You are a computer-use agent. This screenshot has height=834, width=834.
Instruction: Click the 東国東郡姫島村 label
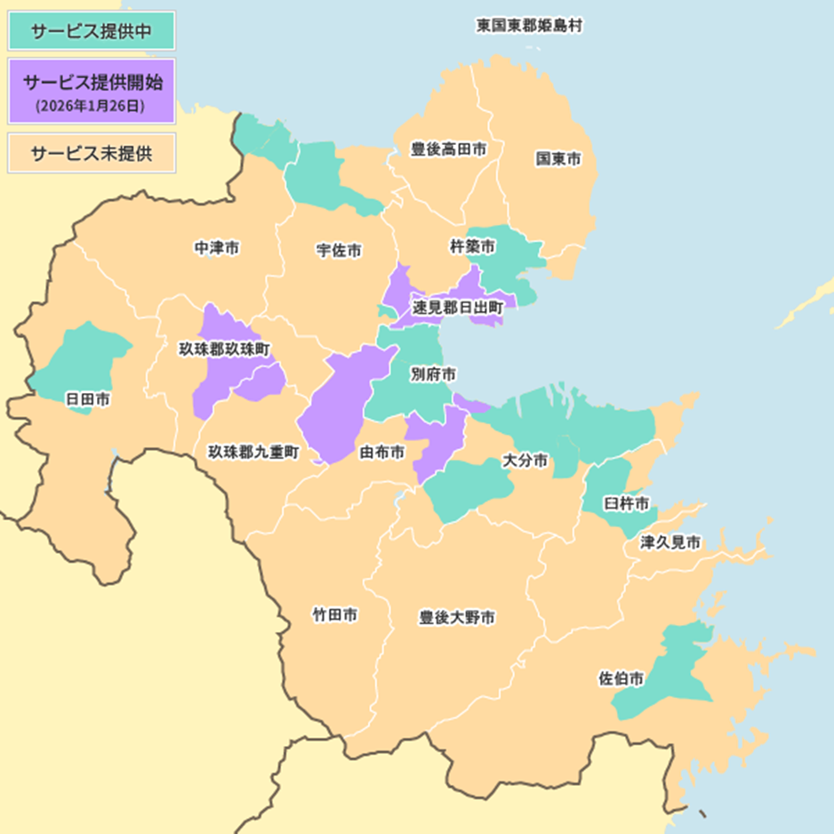click(529, 26)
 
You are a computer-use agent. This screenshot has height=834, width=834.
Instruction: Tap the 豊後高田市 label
click(449, 149)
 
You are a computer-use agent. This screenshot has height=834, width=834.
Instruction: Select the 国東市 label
click(557, 159)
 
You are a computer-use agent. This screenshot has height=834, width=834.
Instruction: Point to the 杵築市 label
click(472, 245)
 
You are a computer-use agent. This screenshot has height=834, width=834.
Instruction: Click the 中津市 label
click(216, 249)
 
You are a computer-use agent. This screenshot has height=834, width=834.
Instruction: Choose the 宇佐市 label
click(339, 251)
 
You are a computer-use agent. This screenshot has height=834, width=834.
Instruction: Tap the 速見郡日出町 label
click(458, 308)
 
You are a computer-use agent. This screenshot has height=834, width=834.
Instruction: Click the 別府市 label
click(433, 373)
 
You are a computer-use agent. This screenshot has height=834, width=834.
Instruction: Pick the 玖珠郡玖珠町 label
click(225, 349)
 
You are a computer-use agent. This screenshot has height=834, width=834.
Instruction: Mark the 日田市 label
click(88, 400)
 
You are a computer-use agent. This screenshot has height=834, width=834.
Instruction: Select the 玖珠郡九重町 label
click(254, 452)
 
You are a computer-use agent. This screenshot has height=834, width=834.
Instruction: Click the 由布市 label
click(381, 453)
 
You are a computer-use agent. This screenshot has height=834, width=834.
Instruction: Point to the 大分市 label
click(525, 461)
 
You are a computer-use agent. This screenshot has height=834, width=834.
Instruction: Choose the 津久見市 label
click(670, 541)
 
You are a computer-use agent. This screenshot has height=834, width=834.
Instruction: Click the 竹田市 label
click(335, 614)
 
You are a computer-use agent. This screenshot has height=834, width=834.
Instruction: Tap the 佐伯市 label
click(621, 678)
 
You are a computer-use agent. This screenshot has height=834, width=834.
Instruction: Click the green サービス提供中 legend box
click(91, 31)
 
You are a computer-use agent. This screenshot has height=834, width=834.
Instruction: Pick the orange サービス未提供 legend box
click(91, 152)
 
